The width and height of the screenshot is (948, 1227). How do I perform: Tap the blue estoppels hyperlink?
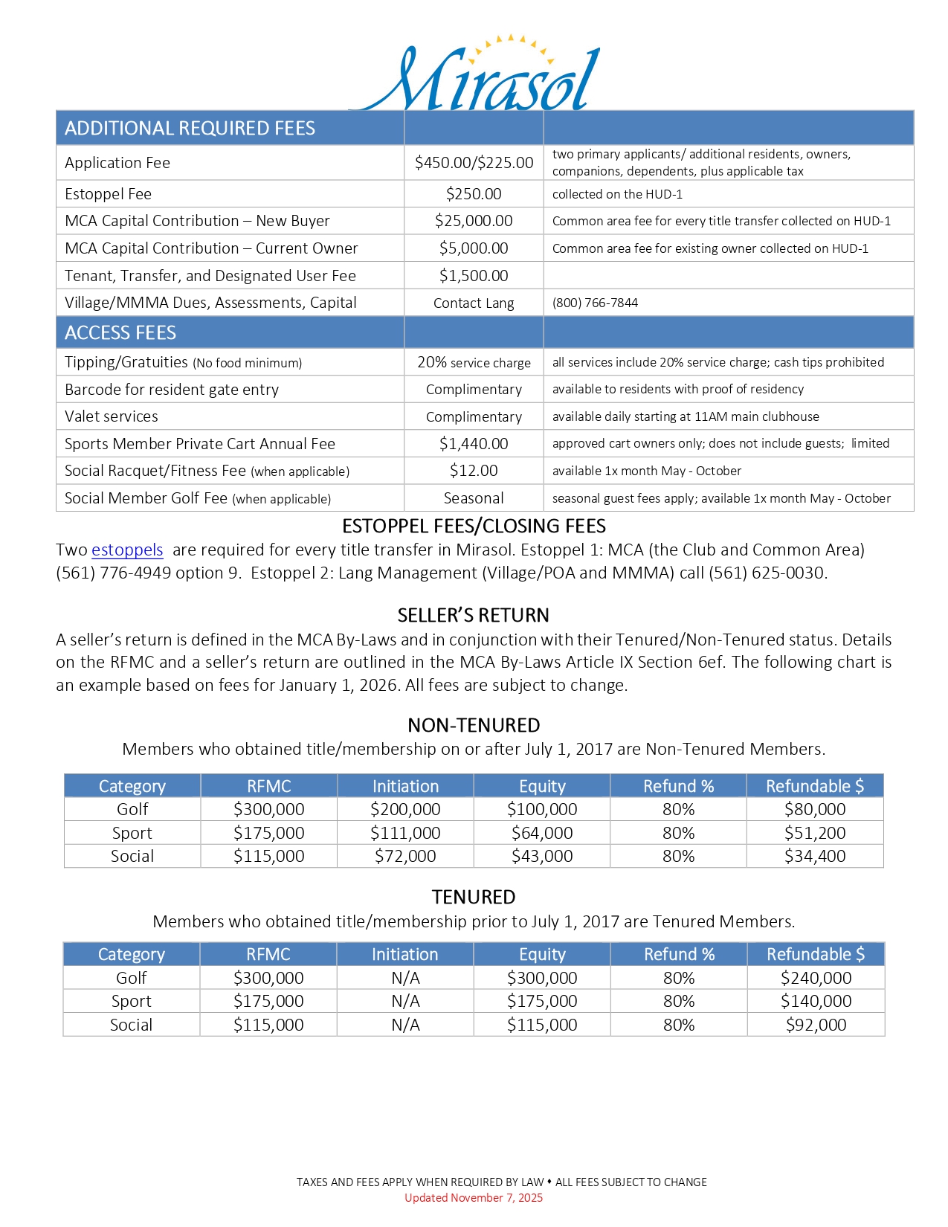pos(127,550)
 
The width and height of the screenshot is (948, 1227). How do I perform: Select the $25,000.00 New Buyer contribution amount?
pos(474,221)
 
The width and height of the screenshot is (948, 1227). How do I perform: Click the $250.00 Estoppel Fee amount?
pos(474,194)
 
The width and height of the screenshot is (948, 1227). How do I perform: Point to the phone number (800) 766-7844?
pos(595,303)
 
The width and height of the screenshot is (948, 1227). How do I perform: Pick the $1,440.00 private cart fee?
pos(474,444)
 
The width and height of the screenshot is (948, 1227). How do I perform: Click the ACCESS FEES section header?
pos(120,332)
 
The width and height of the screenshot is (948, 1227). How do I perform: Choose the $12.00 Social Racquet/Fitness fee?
pos(474,471)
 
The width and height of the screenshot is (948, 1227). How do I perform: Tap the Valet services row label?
pos(112,416)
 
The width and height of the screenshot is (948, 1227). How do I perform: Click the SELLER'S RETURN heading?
pos(474,615)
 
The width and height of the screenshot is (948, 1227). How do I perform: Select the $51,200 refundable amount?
pos(815,833)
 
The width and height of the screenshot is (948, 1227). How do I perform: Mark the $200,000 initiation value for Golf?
pos(405,809)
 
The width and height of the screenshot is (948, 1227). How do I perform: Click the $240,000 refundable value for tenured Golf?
pos(816,978)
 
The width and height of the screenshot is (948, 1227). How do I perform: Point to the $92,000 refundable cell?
pos(816,1025)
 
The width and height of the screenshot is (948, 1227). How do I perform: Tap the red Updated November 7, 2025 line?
pos(474,1197)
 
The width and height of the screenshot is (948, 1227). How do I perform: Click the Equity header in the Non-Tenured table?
pos(542,786)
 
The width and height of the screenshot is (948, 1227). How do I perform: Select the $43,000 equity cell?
pos(542,856)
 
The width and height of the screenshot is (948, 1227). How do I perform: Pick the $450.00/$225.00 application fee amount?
pos(474,163)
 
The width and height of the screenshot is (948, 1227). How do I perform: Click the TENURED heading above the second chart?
pos(474,897)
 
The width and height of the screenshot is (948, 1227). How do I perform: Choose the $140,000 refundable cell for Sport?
pos(816,1001)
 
